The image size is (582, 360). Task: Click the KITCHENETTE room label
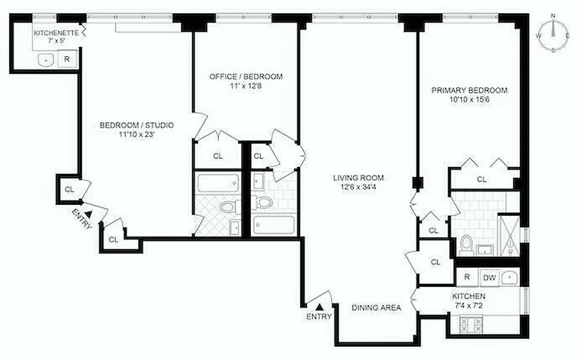click(57, 33)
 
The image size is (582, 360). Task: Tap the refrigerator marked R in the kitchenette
click(67, 58)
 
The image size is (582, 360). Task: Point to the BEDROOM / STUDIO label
click(136, 125)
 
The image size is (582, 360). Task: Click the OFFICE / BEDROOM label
click(246, 76)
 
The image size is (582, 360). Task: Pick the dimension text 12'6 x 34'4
click(358, 187)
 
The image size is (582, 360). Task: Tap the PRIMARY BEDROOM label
click(469, 90)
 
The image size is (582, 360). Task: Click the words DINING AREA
click(376, 308)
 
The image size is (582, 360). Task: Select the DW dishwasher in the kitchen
click(489, 278)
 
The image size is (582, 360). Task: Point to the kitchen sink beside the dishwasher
click(509, 277)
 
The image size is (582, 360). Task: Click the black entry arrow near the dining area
click(319, 307)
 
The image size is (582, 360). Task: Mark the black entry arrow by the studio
click(88, 215)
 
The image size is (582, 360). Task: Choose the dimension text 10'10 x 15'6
click(469, 99)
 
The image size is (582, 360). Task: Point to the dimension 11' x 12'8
click(246, 85)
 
